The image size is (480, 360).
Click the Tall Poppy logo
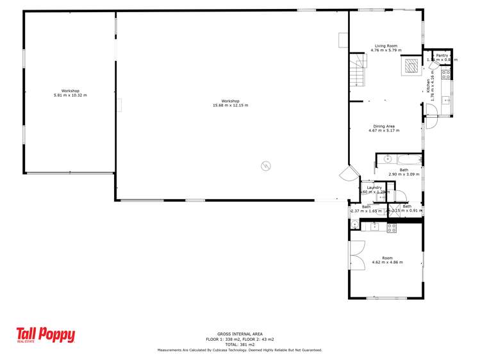point(46,335)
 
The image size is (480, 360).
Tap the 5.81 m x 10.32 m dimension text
point(70,95)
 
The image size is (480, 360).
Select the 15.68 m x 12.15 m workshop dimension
point(230,105)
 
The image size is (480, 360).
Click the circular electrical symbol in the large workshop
point(265,167)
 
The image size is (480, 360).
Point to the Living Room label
point(386,46)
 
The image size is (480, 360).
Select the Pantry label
point(442,56)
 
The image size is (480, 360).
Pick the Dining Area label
point(383,126)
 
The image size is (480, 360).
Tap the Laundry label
point(374,187)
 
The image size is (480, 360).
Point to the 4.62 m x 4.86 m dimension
point(386,263)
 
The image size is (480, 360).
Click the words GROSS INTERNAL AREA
point(240,334)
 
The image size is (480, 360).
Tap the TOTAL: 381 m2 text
point(240,345)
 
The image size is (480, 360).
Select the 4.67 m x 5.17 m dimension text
point(383,131)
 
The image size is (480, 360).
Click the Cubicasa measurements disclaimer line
point(240,350)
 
